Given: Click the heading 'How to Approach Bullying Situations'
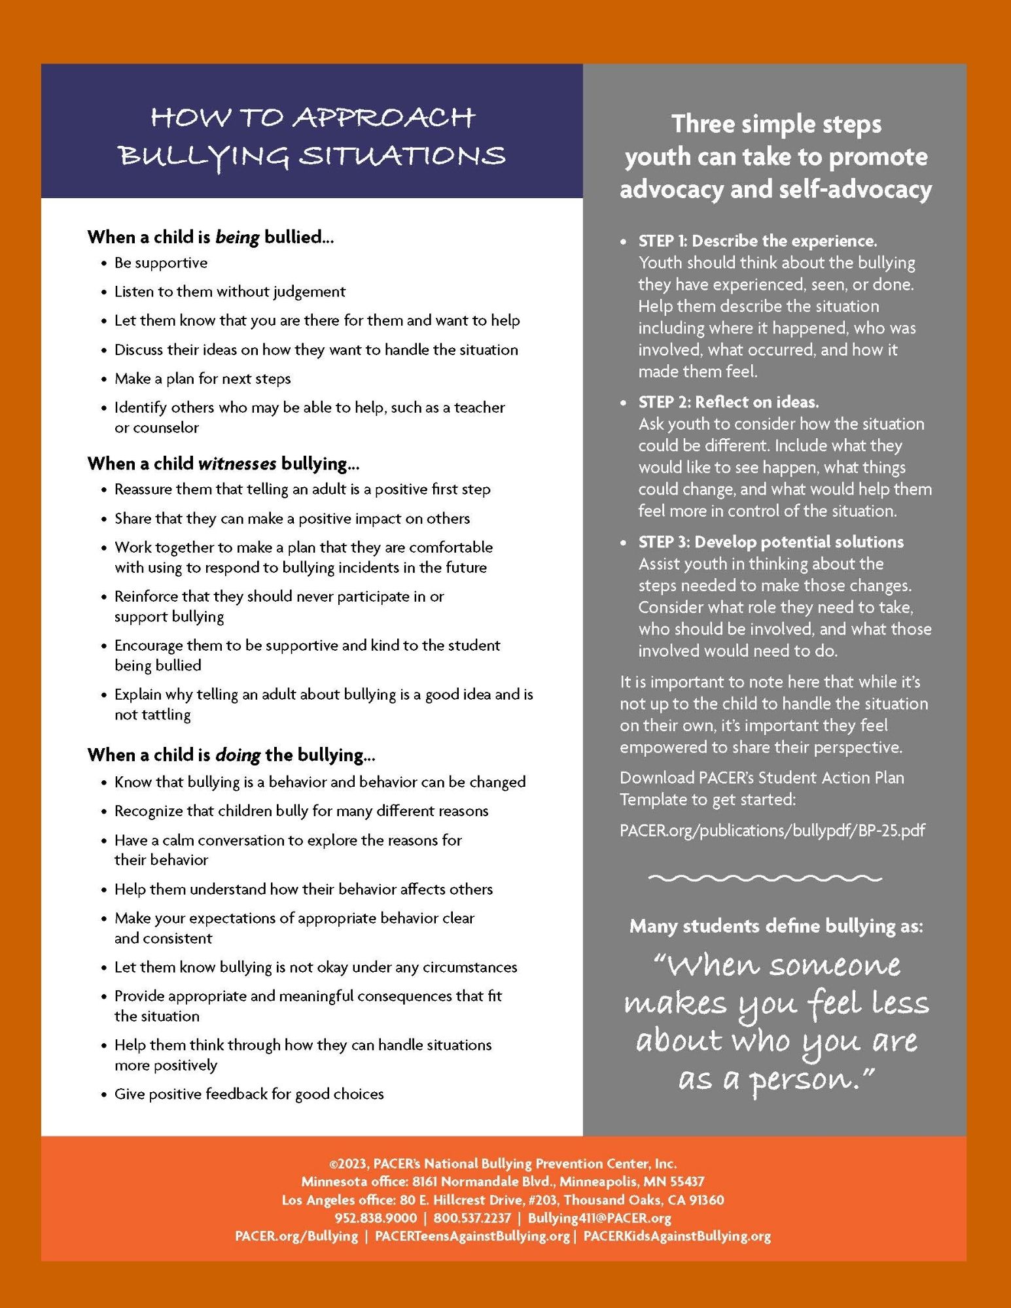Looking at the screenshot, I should [311, 137].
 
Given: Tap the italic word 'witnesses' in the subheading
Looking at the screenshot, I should [237, 464].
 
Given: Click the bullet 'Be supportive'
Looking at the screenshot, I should [161, 263].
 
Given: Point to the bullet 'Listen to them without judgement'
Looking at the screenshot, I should [230, 292].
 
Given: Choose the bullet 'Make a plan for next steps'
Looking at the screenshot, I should [202, 379].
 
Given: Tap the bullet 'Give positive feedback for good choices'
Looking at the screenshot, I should [249, 1094].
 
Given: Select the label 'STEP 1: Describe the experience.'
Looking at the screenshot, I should [757, 241].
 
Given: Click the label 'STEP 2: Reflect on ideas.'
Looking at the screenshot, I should [728, 402].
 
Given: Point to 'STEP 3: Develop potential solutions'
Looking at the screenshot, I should [770, 542].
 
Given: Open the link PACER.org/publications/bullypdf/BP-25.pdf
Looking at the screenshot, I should [772, 831].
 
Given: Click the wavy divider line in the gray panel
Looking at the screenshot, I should [765, 878].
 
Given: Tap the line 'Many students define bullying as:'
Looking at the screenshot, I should [776, 926].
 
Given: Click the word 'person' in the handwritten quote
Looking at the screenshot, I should [803, 1079].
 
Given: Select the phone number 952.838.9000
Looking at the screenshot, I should [375, 1218].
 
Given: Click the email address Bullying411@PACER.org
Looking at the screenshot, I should [599, 1218].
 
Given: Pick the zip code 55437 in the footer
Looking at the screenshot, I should [687, 1182].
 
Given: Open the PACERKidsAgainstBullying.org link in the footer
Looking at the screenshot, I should [677, 1236].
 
